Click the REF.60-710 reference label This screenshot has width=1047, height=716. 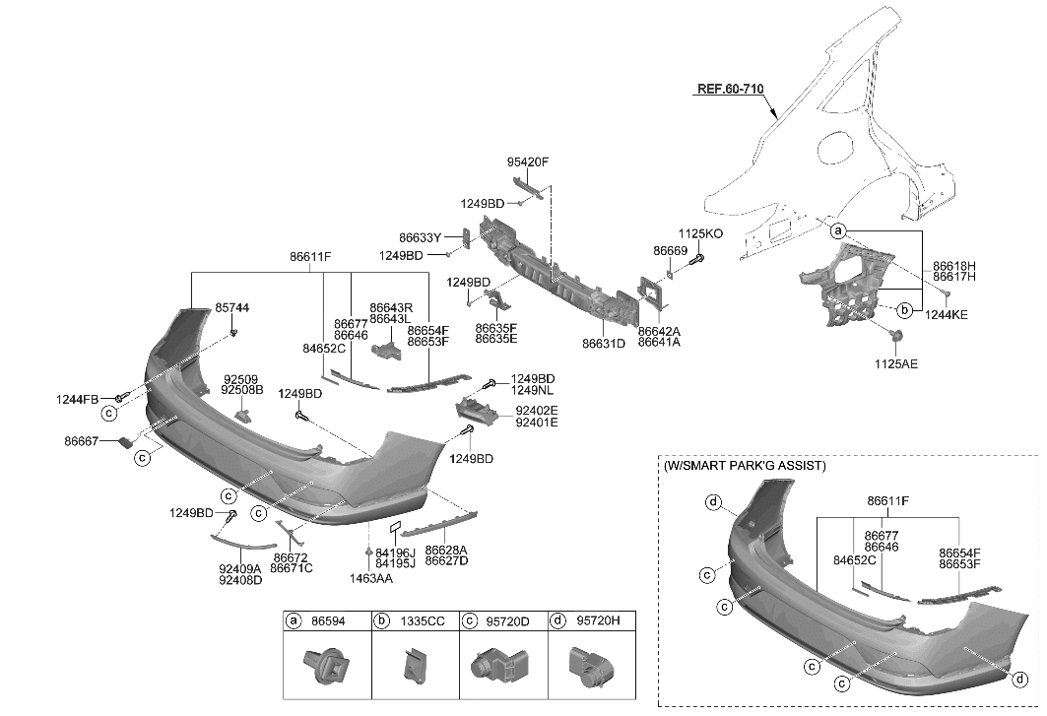point(730,89)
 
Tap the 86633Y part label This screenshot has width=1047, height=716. point(420,237)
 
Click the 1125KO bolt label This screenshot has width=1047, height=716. point(700,233)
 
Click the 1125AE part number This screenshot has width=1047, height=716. point(897,363)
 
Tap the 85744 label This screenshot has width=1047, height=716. point(232,308)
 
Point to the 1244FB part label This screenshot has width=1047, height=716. point(77,399)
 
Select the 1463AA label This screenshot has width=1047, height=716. point(369,579)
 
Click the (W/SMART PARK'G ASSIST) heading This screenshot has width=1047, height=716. point(744,465)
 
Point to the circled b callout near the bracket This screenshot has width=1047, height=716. point(904,311)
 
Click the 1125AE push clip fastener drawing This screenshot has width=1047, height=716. point(897,340)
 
